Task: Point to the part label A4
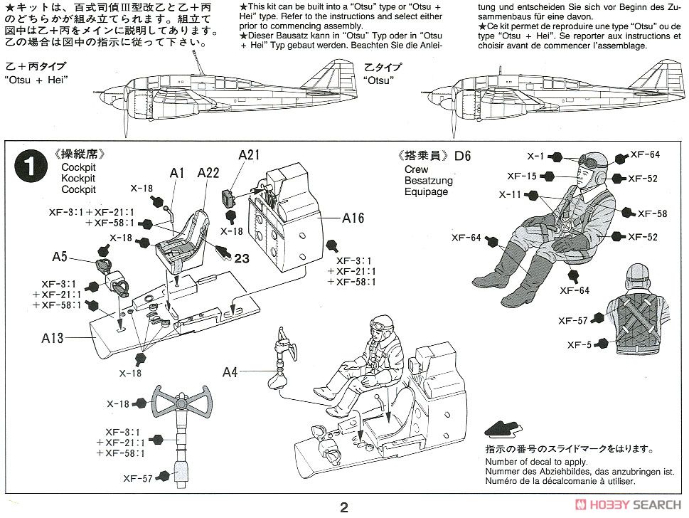[x=232, y=371]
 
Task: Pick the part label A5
[x=60, y=256]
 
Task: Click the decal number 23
[x=242, y=259]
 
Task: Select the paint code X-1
[x=535, y=157]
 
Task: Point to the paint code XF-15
[x=523, y=176]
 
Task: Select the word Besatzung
[x=429, y=181]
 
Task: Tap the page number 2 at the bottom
[x=344, y=507]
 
